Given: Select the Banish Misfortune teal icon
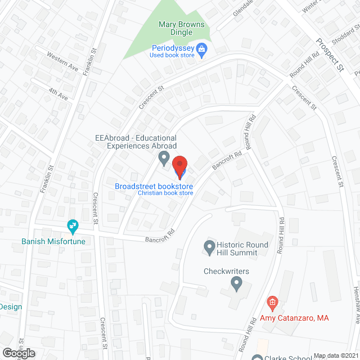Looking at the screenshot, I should click(x=73, y=227).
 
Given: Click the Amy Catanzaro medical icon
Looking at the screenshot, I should click(x=272, y=304).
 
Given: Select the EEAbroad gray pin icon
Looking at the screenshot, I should click(x=164, y=158).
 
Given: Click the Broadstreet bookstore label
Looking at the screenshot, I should click(x=154, y=186).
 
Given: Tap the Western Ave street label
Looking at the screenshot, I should click(x=63, y=65).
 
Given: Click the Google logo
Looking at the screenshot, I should click(x=18, y=353).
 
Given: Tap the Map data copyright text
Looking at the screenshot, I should click(x=336, y=355).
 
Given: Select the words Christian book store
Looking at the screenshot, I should click(x=165, y=193).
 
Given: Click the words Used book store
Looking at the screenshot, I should click(x=172, y=55).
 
